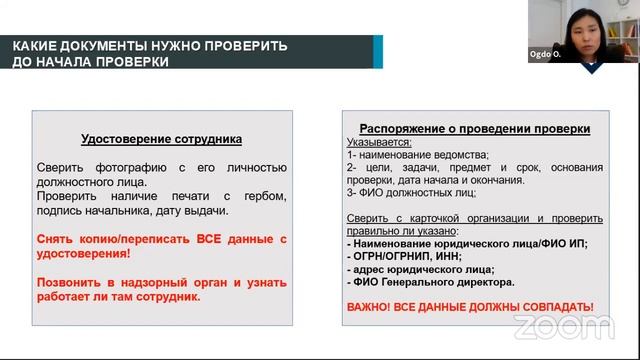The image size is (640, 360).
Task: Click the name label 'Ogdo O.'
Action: [544, 55]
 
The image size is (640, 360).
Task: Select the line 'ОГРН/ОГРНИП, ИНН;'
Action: [404, 256]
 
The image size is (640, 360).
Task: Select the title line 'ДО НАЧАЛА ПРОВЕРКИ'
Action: [90, 62]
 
